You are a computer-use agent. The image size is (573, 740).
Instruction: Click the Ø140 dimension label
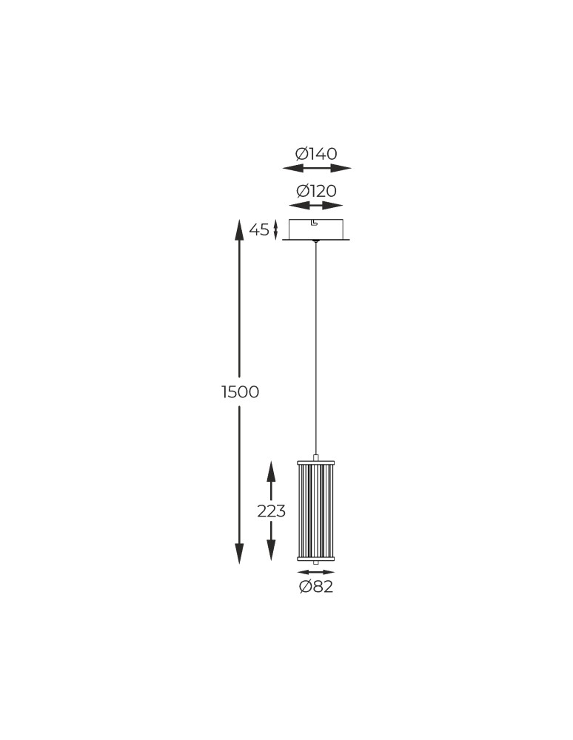click(316, 154)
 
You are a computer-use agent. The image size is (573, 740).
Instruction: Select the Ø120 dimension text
click(316, 192)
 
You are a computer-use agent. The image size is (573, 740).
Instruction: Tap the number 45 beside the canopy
click(259, 230)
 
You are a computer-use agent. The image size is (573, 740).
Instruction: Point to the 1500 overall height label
click(241, 392)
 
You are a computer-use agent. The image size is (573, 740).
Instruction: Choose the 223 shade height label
click(271, 511)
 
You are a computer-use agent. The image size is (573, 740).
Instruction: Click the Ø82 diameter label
click(316, 587)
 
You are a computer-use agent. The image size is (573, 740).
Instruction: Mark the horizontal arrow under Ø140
click(317, 168)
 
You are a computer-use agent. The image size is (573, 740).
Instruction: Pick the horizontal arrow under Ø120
click(316, 206)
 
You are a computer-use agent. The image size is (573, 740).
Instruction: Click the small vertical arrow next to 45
click(275, 230)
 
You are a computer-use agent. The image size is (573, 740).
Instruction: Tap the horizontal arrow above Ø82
click(316, 572)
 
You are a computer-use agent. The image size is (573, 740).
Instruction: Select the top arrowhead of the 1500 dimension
click(239, 230)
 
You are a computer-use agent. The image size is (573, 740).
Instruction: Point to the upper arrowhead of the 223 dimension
click(271, 471)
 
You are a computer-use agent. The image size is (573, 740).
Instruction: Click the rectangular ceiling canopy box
click(316, 229)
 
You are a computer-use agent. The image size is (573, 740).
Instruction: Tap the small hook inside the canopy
click(314, 223)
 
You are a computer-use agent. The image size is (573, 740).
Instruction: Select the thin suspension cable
click(316, 348)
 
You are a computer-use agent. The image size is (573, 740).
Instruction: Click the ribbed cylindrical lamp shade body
click(316, 511)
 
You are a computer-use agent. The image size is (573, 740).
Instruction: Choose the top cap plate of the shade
click(316, 463)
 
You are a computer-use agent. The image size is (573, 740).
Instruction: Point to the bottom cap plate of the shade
click(316, 559)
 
